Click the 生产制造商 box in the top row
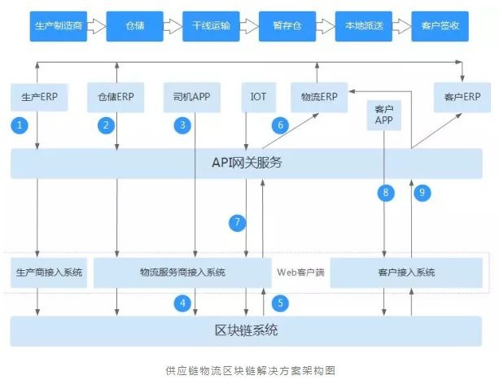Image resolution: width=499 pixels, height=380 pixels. click(x=58, y=25)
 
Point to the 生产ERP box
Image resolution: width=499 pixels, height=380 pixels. click(x=39, y=97)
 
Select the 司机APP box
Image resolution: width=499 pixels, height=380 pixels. click(x=192, y=97)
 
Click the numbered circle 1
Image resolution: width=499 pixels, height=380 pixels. click(x=22, y=125)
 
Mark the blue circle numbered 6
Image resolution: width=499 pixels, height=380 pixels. click(x=281, y=125)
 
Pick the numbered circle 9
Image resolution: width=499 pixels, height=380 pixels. click(x=421, y=192)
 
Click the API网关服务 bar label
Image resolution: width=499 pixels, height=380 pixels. click(x=246, y=162)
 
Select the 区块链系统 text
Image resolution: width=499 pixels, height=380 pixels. click(x=246, y=330)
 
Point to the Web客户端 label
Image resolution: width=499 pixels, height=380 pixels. click(x=300, y=272)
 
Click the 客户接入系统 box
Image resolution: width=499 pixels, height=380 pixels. click(x=406, y=272)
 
